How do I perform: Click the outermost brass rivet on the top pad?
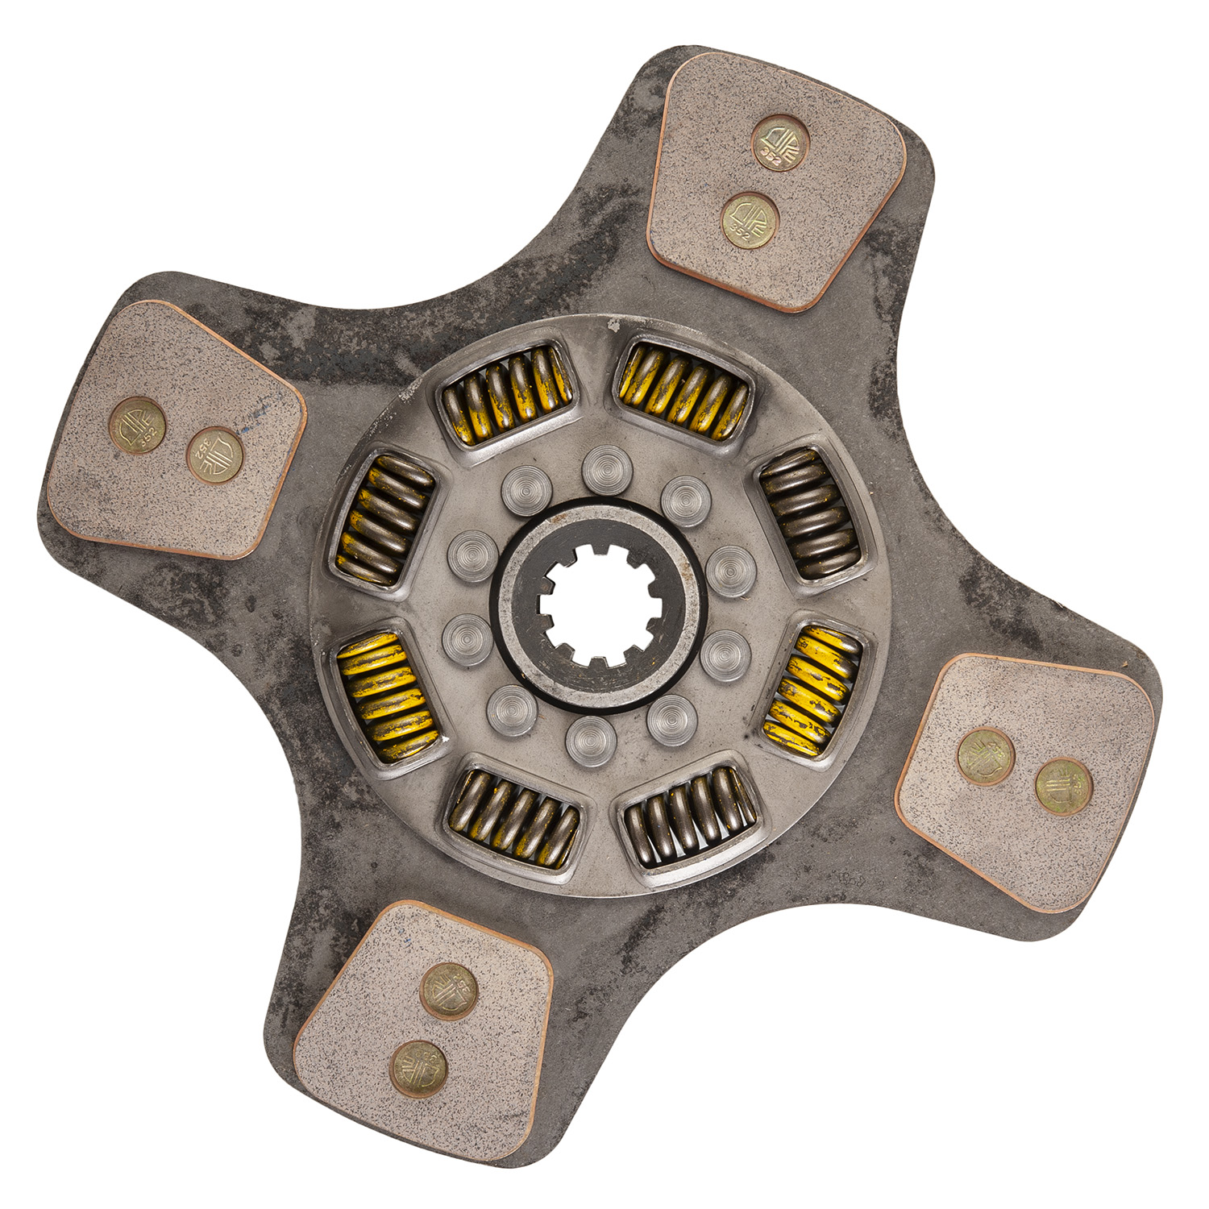pos(779,143)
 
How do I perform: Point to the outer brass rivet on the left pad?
pos(138,426)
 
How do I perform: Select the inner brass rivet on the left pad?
pos(215,455)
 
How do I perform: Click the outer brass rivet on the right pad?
pos(1064,787)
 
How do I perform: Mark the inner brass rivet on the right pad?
pos(986,756)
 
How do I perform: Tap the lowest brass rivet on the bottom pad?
pos(419,1069)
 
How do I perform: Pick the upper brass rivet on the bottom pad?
pos(449,991)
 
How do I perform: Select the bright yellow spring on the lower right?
pos(814,689)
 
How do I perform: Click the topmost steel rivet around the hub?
pos(606,469)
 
